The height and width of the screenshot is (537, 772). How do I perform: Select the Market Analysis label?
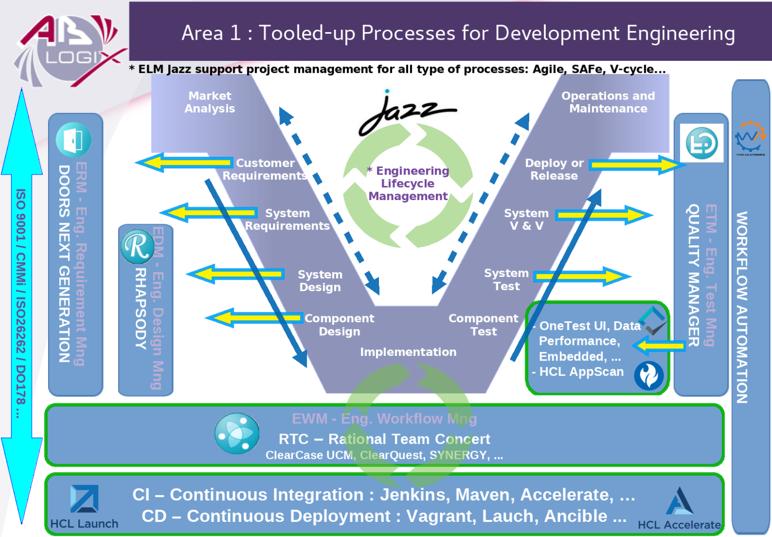[210, 102]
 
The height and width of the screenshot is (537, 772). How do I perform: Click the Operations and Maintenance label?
[608, 102]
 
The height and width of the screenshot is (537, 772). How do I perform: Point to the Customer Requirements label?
[265, 169]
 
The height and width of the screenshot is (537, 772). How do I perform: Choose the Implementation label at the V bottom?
[408, 352]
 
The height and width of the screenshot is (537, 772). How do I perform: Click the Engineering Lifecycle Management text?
[408, 184]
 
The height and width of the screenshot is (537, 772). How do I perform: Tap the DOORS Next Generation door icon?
[73, 140]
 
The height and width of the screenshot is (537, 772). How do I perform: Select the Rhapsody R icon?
[137, 246]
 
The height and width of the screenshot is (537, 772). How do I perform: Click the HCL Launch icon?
[84, 499]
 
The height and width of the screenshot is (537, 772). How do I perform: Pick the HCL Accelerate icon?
[679, 501]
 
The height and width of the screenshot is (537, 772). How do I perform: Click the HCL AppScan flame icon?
[648, 376]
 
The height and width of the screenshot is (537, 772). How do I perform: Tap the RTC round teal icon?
[237, 433]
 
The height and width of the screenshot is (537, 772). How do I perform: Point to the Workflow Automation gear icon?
[750, 137]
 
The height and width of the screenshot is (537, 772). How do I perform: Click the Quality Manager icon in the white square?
[702, 143]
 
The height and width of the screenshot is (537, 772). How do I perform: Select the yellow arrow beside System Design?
[236, 275]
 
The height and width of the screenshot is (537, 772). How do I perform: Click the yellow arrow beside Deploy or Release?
[636, 165]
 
